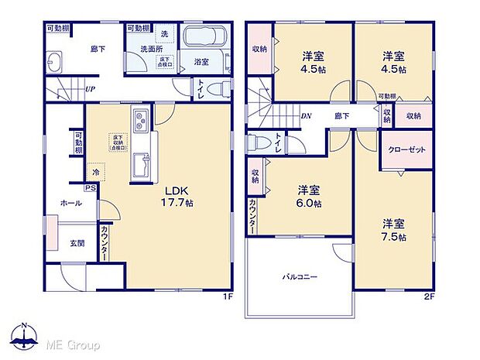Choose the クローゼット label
pyautogui.click(x=406, y=149)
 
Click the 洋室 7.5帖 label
pyautogui.click(x=393, y=231)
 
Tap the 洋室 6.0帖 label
pyautogui.click(x=310, y=197)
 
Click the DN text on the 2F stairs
pyautogui.click(x=306, y=116)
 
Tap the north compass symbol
pyautogui.click(x=26, y=335)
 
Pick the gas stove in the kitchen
pyautogui.click(x=142, y=122)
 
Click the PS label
pyautogui.click(x=91, y=187)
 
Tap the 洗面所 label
pyautogui.click(x=151, y=49)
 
